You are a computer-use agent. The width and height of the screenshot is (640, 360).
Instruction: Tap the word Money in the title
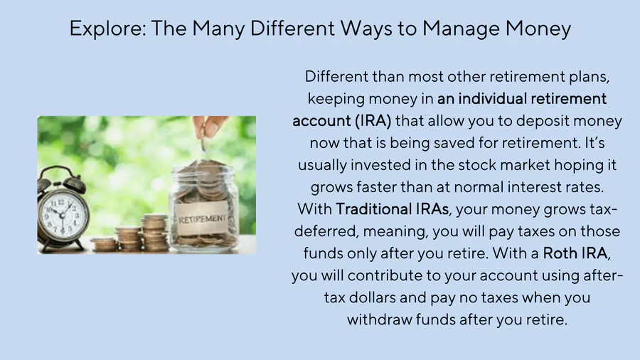(538, 29)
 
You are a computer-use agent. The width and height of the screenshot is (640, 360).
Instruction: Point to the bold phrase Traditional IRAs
(393, 209)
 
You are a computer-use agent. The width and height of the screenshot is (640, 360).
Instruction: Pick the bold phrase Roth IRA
(575, 253)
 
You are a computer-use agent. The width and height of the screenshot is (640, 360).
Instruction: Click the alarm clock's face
(63, 214)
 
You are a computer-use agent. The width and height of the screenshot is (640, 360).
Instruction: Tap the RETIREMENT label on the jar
(202, 219)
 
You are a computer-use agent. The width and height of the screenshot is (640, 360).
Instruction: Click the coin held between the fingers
(203, 144)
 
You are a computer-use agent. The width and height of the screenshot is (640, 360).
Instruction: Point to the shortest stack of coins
(103, 244)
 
